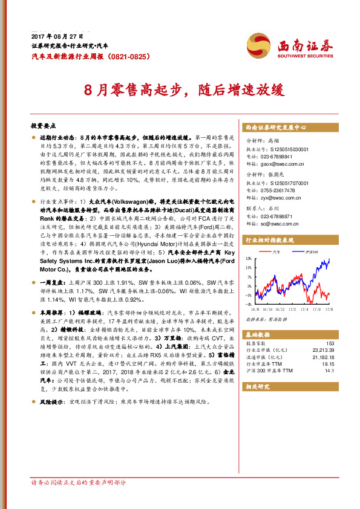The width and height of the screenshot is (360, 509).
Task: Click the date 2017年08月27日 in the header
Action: click(51, 36)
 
